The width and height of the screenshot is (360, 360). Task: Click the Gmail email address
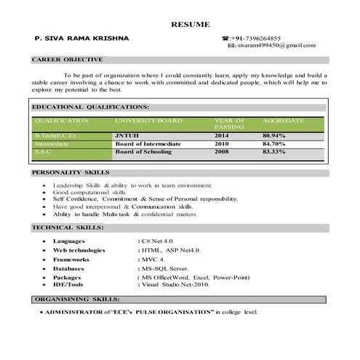pyautogui.click(x=276, y=46)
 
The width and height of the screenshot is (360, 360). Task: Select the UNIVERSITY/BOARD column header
pyautogui.click(x=148, y=119)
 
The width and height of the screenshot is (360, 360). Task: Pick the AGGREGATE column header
pyautogui.click(x=283, y=119)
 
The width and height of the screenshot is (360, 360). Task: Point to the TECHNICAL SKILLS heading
pyautogui.click(x=68, y=228)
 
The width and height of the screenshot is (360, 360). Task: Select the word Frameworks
pyautogui.click(x=71, y=259)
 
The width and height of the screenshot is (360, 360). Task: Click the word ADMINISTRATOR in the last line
pyautogui.click(x=73, y=312)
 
